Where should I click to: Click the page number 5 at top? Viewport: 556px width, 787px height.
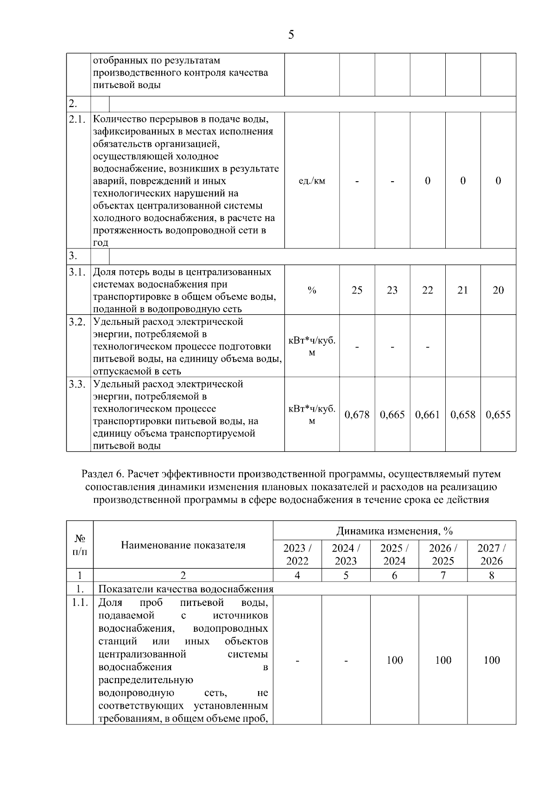[291, 35]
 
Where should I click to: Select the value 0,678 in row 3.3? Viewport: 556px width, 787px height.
[357, 414]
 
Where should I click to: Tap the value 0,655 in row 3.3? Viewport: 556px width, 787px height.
[498, 414]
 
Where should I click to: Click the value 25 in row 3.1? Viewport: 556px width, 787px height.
[357, 290]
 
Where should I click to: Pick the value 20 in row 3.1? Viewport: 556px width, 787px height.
[498, 290]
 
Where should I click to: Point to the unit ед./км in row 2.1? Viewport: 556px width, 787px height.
[312, 181]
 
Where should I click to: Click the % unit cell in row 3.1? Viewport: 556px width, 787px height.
[312, 290]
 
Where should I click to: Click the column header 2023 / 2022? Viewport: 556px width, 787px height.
[297, 554]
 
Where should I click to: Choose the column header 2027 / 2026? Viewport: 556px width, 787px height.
[492, 554]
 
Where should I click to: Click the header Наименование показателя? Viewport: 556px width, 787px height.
[183, 545]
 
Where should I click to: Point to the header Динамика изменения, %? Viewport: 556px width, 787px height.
[394, 531]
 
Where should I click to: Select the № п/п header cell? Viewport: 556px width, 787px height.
[80, 545]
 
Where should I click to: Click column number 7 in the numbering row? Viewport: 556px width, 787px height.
[443, 575]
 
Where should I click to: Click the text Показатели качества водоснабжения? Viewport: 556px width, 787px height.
[186, 589]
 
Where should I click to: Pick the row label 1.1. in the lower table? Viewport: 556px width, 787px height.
[80, 603]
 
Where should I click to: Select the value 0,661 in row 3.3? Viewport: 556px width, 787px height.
[427, 414]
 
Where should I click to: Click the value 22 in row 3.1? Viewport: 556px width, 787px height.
[427, 290]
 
